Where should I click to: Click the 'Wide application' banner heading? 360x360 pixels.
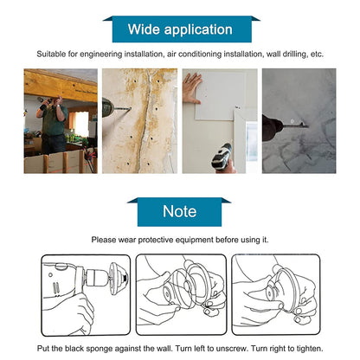point(180,29)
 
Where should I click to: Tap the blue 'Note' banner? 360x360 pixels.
point(180,211)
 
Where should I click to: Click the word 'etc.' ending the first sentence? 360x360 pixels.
point(316,54)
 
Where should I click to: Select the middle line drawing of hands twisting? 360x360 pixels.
point(180,293)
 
